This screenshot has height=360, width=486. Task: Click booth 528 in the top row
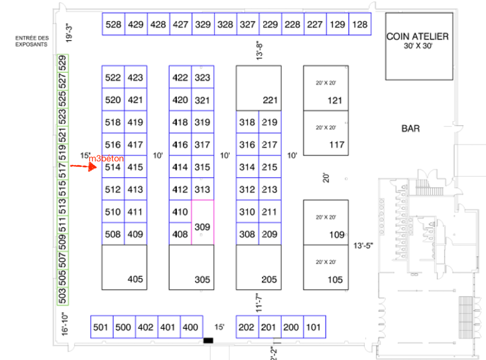coord(113,25)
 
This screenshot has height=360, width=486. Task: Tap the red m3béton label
coord(106,159)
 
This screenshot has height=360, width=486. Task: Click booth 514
coord(113,167)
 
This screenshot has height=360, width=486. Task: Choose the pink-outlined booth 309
coord(202,222)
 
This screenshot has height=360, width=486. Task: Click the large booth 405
coord(124,267)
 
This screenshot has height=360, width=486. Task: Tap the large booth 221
coord(258,88)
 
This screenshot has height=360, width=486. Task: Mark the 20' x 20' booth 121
coord(326,88)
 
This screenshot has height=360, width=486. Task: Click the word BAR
coord(411,129)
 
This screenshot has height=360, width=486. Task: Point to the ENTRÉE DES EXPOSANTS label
coord(32,41)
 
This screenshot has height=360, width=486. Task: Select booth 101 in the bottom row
coord(314,327)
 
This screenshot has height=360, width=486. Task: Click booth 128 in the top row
coord(360,25)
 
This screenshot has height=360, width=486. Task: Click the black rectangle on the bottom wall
coord(208,341)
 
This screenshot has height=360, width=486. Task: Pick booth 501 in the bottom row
coord(102,327)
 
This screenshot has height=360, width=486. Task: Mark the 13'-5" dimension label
coord(364,245)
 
